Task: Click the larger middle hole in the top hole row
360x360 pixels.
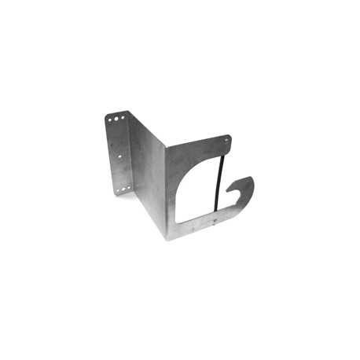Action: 116,119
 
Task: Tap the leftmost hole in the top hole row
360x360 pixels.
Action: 110,120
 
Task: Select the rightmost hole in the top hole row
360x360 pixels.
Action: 123,118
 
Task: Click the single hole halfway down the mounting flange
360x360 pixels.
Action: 119,156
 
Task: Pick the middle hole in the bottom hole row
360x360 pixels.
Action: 123,189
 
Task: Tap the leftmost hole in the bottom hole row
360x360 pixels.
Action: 117,192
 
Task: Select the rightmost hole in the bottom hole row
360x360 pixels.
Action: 128,188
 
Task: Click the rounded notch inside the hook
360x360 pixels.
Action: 235,193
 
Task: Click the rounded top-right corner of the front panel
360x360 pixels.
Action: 229,137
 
